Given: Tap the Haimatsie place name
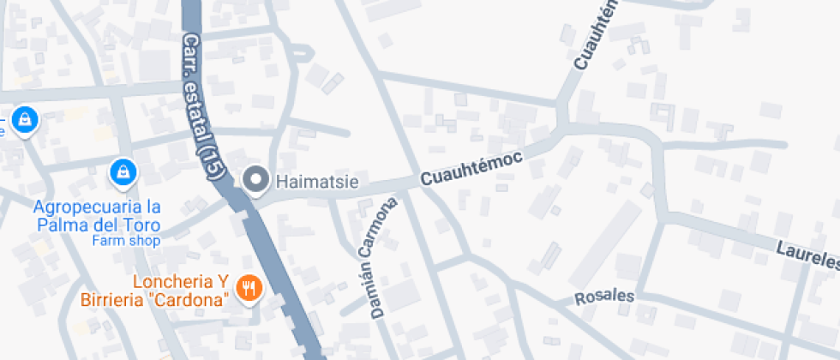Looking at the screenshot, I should pos(316,182).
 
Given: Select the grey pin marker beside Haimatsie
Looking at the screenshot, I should pos(255,180).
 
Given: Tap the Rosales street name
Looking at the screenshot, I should pos(604,297).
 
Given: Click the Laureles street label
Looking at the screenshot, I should pos(807,255).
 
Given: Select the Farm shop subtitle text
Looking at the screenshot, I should pos(127,241).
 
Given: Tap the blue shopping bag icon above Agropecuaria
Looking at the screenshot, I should pos(124,172).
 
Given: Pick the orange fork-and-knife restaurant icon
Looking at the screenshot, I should pos(249,289).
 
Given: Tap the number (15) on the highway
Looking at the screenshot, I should pos(210,161).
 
